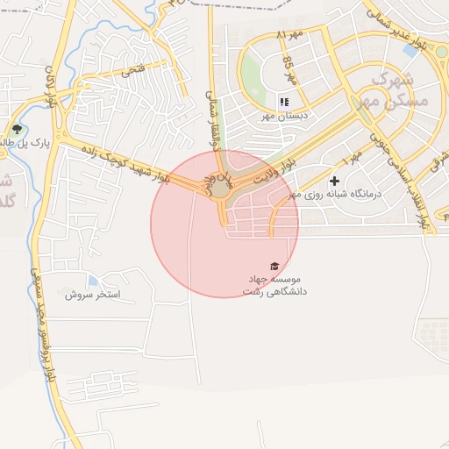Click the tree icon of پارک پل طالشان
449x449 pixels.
(x=18, y=130)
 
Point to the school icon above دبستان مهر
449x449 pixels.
(x=283, y=102)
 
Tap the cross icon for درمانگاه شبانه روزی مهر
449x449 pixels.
(x=334, y=180)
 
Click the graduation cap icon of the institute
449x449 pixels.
(x=274, y=266)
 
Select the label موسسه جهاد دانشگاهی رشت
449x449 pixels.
(x=274, y=283)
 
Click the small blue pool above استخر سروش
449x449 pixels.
(x=92, y=281)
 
